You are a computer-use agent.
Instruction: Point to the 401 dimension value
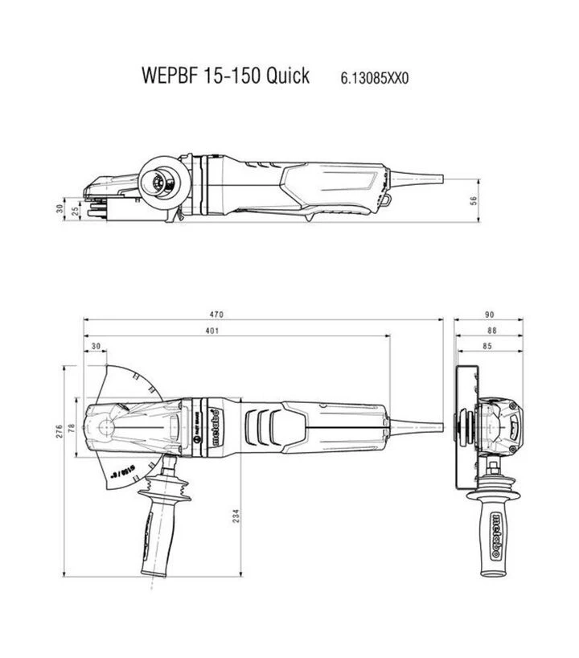(211, 331)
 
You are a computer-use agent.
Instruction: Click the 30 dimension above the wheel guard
(96, 348)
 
